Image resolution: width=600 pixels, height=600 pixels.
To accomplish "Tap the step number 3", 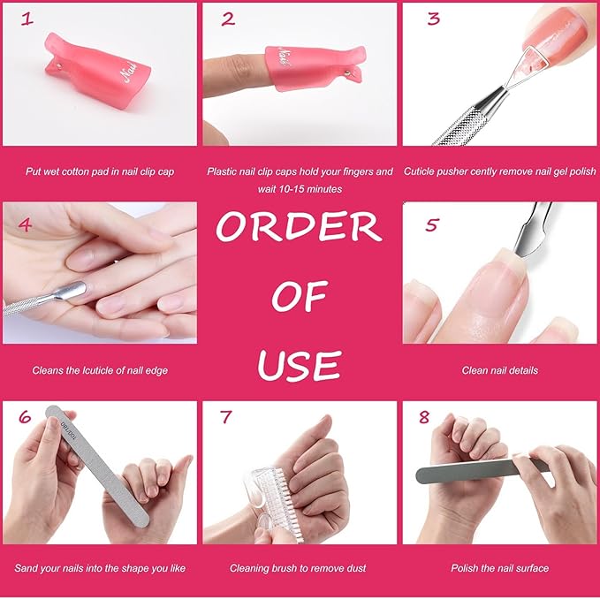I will coord(433,19).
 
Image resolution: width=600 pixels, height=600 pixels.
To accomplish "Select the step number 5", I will coord(430,224).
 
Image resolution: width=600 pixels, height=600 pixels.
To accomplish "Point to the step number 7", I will coord(228,417).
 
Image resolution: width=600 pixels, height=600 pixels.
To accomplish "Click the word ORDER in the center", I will coord(299,228).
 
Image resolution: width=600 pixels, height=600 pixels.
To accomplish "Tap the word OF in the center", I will coord(300,297).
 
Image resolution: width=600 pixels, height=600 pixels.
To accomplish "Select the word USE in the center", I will coord(300,362).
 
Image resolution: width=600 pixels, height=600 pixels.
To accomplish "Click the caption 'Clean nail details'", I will coord(499,370).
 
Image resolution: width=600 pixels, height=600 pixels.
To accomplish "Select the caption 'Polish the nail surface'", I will coord(499,568).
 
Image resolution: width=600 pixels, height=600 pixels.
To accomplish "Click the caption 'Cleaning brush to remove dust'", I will coord(298,568).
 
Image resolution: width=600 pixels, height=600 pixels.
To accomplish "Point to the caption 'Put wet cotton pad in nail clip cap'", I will coord(100,171).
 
